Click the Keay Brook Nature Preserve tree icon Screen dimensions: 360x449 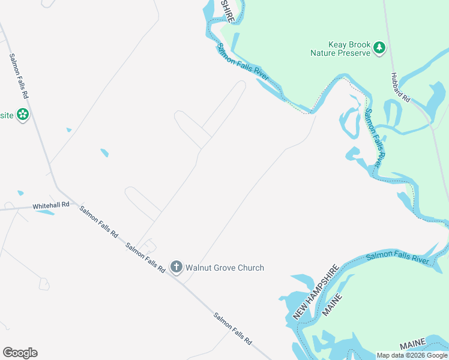[379, 48]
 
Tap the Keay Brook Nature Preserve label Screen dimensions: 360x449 [340, 49]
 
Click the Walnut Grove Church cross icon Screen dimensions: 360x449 [176, 267]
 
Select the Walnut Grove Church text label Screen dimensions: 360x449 [224, 268]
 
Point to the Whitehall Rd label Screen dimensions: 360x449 [51, 206]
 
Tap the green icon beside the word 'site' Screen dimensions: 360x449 [23, 114]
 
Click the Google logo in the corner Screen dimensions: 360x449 [20, 353]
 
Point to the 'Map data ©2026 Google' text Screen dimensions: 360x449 [412, 355]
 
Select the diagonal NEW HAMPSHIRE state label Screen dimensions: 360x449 [316, 291]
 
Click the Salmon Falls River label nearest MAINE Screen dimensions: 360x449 [397, 257]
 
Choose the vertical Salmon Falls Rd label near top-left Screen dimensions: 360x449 [19, 76]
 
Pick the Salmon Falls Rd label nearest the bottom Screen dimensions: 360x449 [232, 328]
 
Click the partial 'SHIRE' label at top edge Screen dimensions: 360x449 [227, 11]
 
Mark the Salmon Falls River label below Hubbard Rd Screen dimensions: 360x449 [373, 138]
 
